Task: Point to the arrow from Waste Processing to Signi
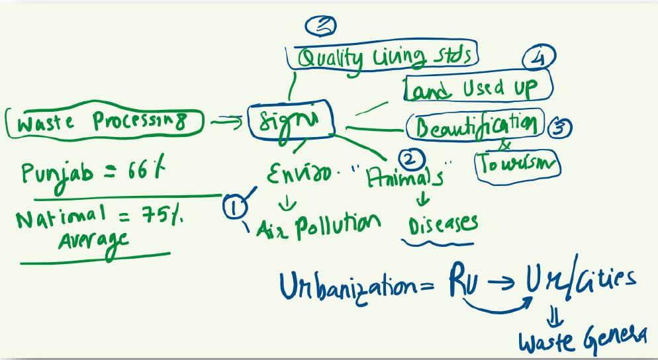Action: pos(226,120)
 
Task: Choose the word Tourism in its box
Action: pos(518,163)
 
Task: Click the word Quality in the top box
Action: pos(330,58)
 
